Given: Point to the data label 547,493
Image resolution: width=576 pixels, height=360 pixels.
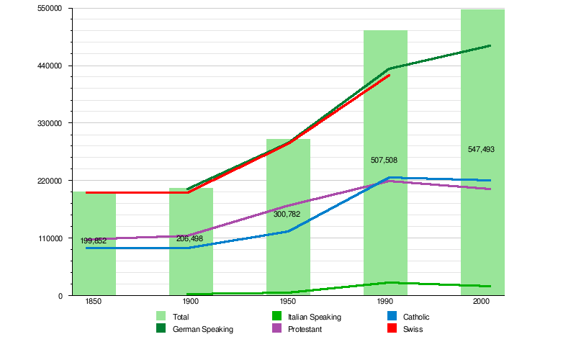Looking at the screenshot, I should [x=481, y=150].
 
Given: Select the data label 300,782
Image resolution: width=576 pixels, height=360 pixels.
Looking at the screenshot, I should [x=287, y=214].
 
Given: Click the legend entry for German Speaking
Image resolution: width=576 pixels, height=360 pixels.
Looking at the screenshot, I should [x=202, y=329].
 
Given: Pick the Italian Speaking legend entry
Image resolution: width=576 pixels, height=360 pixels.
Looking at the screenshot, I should [x=314, y=317].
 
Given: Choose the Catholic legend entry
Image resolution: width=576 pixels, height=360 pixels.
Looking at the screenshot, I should [x=416, y=317].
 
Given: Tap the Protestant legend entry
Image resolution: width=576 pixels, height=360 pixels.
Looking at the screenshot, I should [x=304, y=329].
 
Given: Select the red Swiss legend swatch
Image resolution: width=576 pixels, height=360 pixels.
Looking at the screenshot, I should [x=392, y=329].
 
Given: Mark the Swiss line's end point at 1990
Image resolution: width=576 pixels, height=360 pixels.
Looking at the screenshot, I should [x=390, y=75].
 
